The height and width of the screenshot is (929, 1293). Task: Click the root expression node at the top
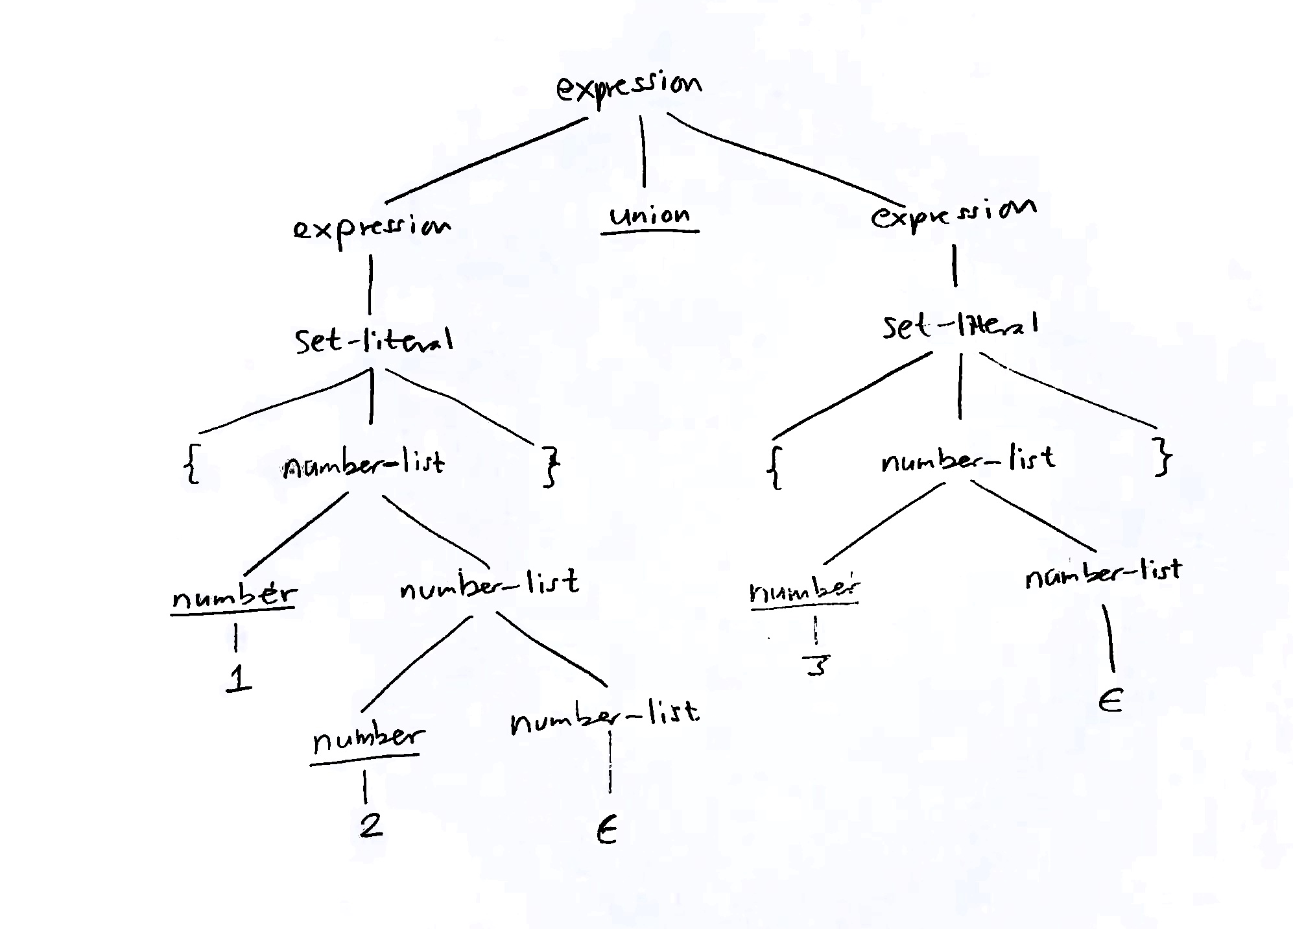628,88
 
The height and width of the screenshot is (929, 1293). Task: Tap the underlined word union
650,216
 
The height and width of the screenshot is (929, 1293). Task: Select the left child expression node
372,228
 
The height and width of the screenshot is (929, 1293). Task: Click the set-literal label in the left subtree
374,340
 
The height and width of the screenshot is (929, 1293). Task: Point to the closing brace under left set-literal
551,469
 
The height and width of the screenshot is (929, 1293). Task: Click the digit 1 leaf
239,679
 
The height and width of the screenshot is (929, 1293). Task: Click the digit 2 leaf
371,825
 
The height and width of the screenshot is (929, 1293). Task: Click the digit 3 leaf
816,665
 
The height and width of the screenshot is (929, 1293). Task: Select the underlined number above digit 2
368,739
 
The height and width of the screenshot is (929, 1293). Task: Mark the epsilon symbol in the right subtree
1110,701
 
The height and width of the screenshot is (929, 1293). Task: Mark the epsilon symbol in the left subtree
606,831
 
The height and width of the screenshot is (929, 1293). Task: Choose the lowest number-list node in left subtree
604,716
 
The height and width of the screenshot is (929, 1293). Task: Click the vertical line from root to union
643,151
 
